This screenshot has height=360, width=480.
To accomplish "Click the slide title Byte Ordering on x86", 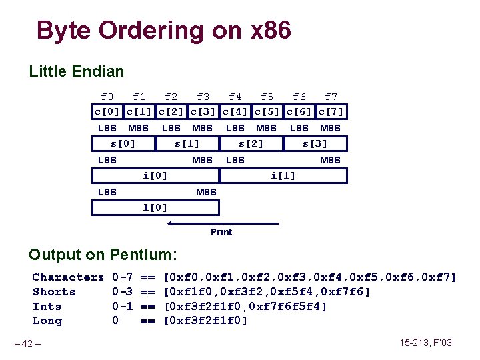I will click(163, 31).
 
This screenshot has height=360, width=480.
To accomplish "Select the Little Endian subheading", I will click(76, 71).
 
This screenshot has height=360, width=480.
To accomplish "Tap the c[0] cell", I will click(107, 111).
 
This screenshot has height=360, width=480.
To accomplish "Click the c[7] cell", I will click(331, 111).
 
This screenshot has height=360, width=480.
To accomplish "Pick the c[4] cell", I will click(235, 111).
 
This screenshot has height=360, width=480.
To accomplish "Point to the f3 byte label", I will click(203, 97).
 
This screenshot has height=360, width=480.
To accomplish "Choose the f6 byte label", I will click(299, 97).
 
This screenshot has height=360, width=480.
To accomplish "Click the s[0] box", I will click(123, 143).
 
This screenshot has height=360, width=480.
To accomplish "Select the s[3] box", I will click(315, 143).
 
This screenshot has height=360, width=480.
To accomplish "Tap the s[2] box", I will click(251, 143).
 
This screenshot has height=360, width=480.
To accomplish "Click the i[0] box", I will click(155, 176).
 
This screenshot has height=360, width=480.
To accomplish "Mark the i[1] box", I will click(283, 176).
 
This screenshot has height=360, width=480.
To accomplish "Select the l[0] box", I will click(155, 207).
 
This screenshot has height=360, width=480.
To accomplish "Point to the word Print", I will click(221, 232).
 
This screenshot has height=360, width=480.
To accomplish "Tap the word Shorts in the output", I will click(54, 292).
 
